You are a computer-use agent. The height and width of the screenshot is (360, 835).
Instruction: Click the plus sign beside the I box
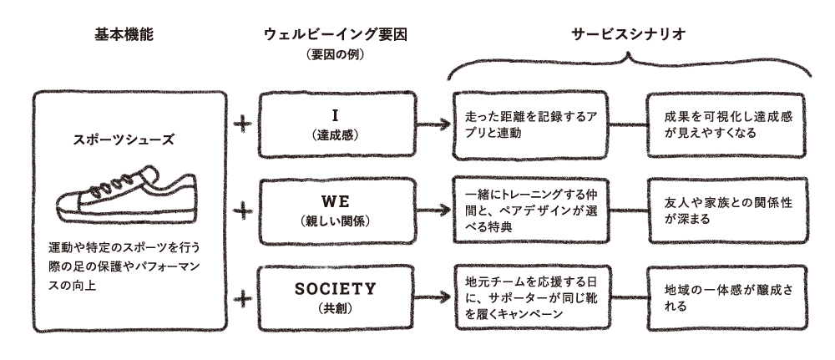(x=243, y=124)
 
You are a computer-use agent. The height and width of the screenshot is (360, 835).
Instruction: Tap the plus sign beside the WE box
(x=243, y=210)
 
